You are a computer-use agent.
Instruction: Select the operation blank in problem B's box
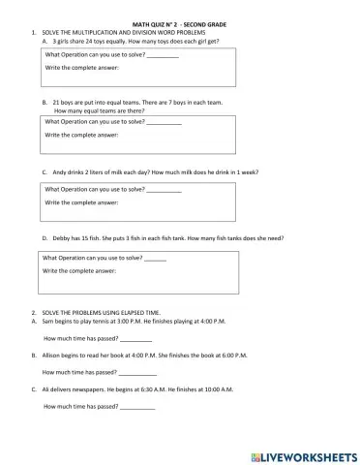(164, 123)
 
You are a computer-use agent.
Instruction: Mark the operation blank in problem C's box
(164, 190)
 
